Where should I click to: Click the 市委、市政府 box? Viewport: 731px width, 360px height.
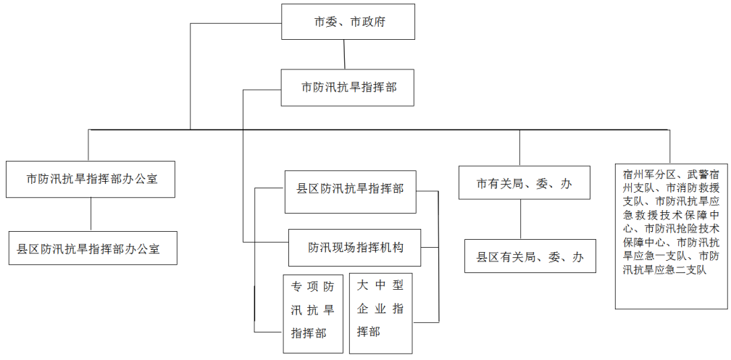coord(348,22)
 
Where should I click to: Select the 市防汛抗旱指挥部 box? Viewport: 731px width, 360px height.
coord(347,88)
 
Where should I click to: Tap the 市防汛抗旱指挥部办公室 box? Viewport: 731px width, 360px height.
coord(91,179)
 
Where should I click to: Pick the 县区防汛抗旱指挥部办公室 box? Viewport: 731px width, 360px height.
coord(93,248)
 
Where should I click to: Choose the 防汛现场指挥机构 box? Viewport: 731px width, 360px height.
coord(355,248)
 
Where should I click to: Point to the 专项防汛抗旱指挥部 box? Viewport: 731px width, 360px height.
coord(313,314)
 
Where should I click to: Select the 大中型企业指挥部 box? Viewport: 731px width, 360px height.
coord(381,314)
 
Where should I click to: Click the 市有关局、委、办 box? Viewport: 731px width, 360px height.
coord(525,183)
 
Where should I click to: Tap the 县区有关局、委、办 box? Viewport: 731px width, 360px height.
coord(530,256)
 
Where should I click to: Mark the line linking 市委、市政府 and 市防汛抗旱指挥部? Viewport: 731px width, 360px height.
coord(344,54)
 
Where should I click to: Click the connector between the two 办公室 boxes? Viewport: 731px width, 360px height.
coord(91,214)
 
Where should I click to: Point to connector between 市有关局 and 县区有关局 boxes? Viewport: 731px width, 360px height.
coord(520,219)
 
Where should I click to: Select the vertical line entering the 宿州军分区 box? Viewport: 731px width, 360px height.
coord(670,146)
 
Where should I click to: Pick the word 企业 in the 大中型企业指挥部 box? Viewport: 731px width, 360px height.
coord(368,309)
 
